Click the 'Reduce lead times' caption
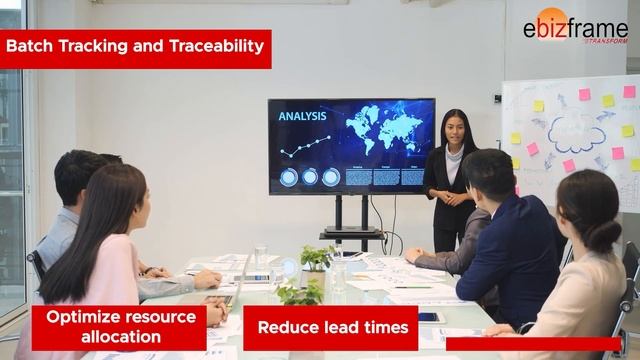click(x=330, y=327)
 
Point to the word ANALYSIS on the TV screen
click(x=302, y=116)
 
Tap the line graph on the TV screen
click(x=304, y=146)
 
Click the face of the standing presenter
click(x=456, y=128)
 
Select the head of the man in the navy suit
click(x=489, y=172)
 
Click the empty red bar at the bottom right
click(x=533, y=344)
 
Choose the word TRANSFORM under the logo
click(x=606, y=41)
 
